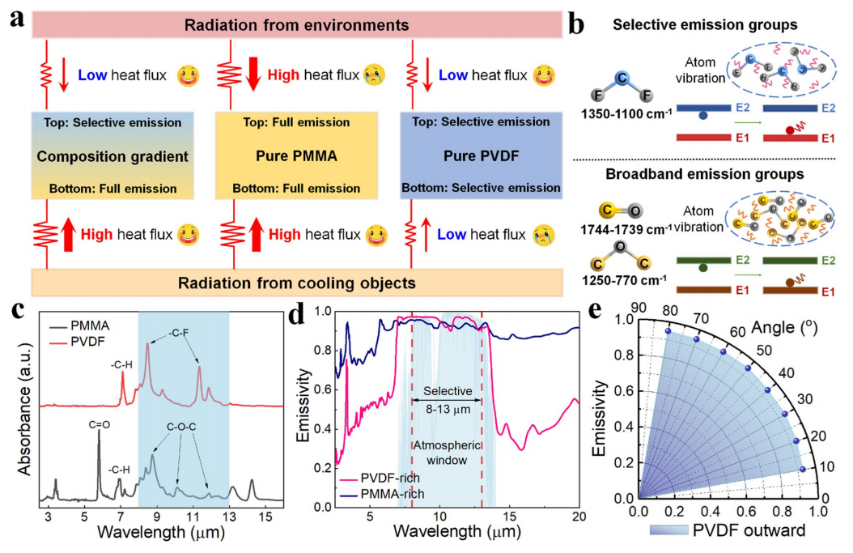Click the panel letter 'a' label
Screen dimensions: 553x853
tap(15, 16)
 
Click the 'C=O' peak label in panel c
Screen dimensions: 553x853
tap(97, 419)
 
